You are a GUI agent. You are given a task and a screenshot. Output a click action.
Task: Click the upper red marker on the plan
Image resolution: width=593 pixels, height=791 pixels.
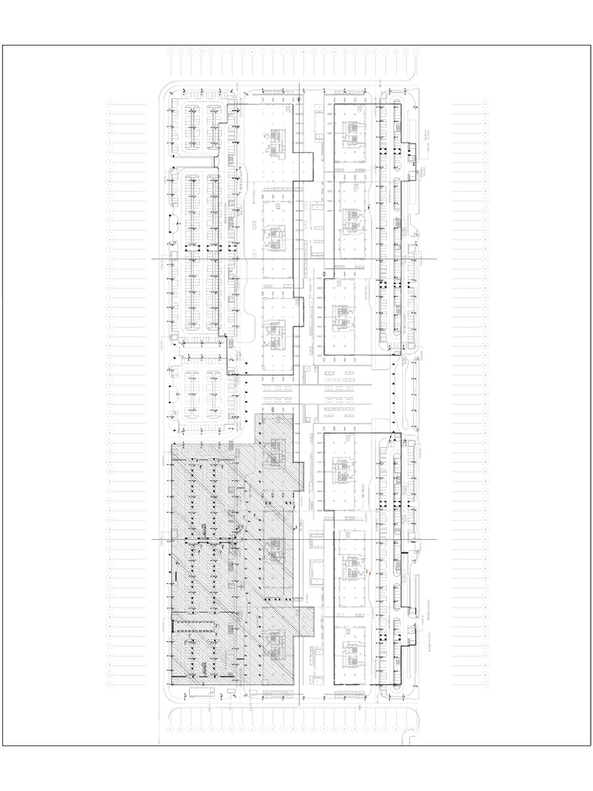click(370, 207)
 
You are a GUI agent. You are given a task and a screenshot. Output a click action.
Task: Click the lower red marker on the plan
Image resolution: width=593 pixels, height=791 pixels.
click(370, 572)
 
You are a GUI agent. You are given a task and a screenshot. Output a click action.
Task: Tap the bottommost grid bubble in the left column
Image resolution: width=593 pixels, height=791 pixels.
click(110, 684)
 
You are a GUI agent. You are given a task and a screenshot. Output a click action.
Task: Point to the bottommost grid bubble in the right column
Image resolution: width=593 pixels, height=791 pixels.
click(486, 684)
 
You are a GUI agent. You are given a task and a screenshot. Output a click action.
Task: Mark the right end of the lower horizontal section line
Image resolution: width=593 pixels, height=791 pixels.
click(437, 539)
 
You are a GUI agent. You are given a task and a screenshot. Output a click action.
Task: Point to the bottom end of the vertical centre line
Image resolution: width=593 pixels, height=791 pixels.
click(300, 707)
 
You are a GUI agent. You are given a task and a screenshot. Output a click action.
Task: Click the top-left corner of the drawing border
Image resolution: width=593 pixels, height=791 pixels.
click(2, 45)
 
